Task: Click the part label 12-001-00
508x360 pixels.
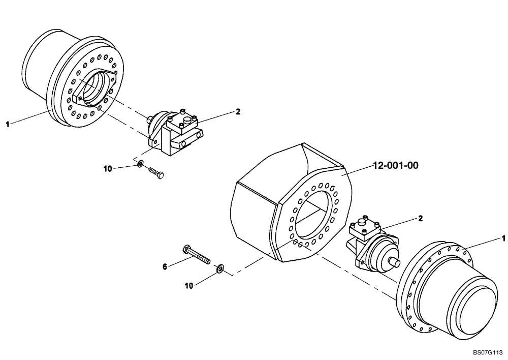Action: [x=396, y=165]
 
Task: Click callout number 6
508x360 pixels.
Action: [x=165, y=265]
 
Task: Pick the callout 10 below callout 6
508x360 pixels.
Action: [x=189, y=286]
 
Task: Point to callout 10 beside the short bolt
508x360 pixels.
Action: [x=108, y=169]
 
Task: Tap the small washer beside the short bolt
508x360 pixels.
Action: [x=139, y=164]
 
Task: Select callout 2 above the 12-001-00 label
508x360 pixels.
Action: [x=238, y=111]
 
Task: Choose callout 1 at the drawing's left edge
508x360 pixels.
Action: [x=7, y=124]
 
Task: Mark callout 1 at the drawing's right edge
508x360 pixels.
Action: [x=503, y=237]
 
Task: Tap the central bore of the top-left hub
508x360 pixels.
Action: [x=97, y=90]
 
